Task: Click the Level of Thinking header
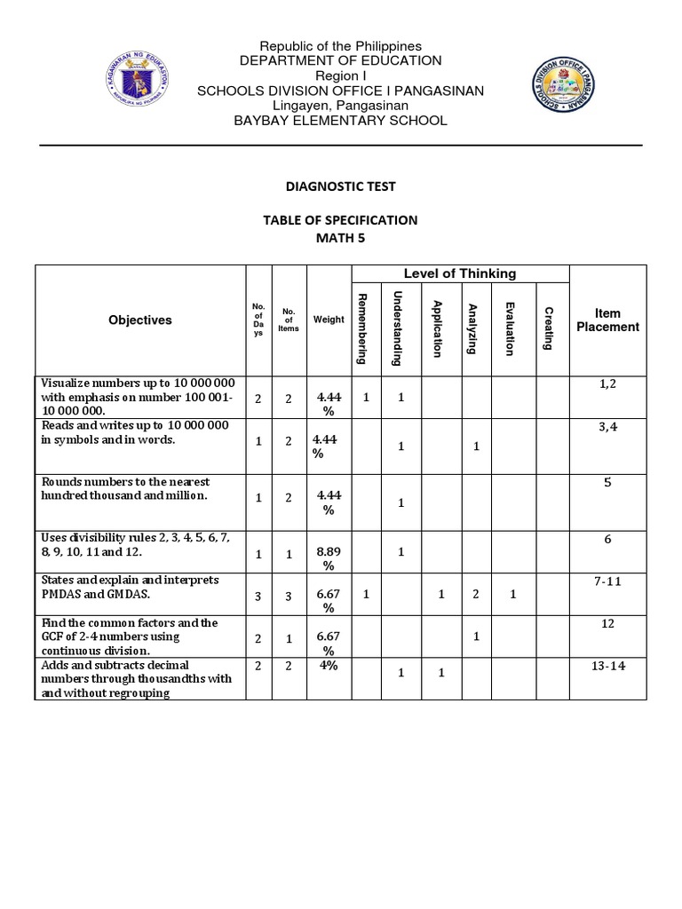click(460, 273)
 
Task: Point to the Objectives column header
click(140, 320)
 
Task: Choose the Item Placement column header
click(607, 320)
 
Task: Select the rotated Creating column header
click(550, 328)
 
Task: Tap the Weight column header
click(329, 320)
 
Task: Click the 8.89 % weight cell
click(329, 558)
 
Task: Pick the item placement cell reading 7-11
click(607, 580)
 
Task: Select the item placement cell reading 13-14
click(607, 667)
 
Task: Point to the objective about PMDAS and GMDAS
click(130, 587)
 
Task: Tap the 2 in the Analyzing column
click(476, 593)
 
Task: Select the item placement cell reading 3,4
click(607, 427)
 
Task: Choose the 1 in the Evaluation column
click(513, 593)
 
